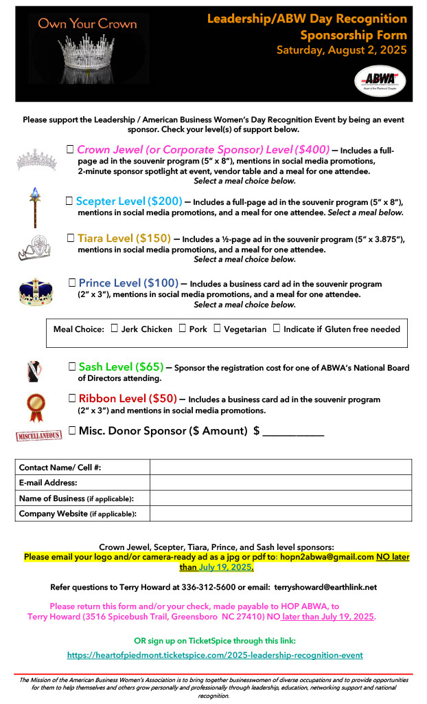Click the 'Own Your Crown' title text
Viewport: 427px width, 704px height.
[x=87, y=24]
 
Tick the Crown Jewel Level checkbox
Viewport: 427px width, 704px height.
[x=70, y=149]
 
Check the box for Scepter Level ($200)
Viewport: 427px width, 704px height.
[x=69, y=201]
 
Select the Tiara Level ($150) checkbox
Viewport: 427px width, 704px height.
[x=71, y=238]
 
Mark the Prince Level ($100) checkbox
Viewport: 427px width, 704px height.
[x=72, y=283]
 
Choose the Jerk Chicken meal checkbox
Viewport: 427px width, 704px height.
[x=114, y=329]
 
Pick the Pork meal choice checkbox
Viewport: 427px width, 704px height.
[x=183, y=329]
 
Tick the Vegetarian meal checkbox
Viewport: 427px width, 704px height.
[x=217, y=329]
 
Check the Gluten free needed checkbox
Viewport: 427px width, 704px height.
[x=277, y=329]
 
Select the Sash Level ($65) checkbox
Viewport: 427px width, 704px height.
[x=72, y=366]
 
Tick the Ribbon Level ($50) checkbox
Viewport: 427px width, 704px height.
[x=72, y=398]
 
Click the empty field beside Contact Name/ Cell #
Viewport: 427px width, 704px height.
[x=280, y=467]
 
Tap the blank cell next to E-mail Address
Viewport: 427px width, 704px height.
[x=280, y=483]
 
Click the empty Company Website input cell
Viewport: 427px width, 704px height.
[x=280, y=514]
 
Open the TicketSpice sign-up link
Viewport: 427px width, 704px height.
[x=215, y=655]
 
